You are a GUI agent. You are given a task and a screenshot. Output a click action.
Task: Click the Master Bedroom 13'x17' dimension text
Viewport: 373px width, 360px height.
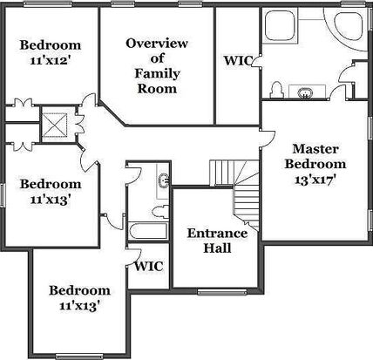(315, 180)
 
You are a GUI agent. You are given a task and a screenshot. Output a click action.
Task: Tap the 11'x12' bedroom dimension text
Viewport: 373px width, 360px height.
(51, 60)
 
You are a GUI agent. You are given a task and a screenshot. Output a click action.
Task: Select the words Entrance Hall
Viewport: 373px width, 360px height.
(217, 241)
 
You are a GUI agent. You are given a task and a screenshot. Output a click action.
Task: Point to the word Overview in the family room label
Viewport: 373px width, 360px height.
(157, 44)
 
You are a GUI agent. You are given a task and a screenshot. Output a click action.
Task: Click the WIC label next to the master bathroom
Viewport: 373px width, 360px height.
(238, 60)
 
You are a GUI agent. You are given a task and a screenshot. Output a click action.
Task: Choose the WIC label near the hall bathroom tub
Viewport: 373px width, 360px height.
(149, 266)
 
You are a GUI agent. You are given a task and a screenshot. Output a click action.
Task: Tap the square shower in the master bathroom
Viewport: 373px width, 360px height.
(280, 25)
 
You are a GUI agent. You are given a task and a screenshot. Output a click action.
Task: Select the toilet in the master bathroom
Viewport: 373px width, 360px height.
(276, 90)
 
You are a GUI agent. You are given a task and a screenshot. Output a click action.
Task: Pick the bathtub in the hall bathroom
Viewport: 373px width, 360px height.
(148, 231)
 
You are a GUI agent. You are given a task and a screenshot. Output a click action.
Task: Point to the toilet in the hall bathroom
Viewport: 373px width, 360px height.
(160, 212)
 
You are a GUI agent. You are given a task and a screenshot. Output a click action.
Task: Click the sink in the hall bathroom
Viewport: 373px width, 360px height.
(164, 180)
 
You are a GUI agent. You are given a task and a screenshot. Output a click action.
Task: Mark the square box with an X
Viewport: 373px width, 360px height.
(55, 125)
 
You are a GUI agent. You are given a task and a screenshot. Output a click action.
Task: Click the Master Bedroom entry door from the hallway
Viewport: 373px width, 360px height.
(268, 139)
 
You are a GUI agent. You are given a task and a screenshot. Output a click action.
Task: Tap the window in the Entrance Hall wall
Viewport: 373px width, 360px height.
(222, 291)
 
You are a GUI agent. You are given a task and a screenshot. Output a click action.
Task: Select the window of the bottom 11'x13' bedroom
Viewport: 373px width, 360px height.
(79, 357)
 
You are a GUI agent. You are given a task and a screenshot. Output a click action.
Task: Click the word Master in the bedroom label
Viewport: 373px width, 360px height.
(315, 149)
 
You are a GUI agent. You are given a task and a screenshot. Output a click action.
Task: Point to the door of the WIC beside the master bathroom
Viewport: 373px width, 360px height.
(256, 61)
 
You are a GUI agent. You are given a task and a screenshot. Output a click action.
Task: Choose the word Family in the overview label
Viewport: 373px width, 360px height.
(157, 73)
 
